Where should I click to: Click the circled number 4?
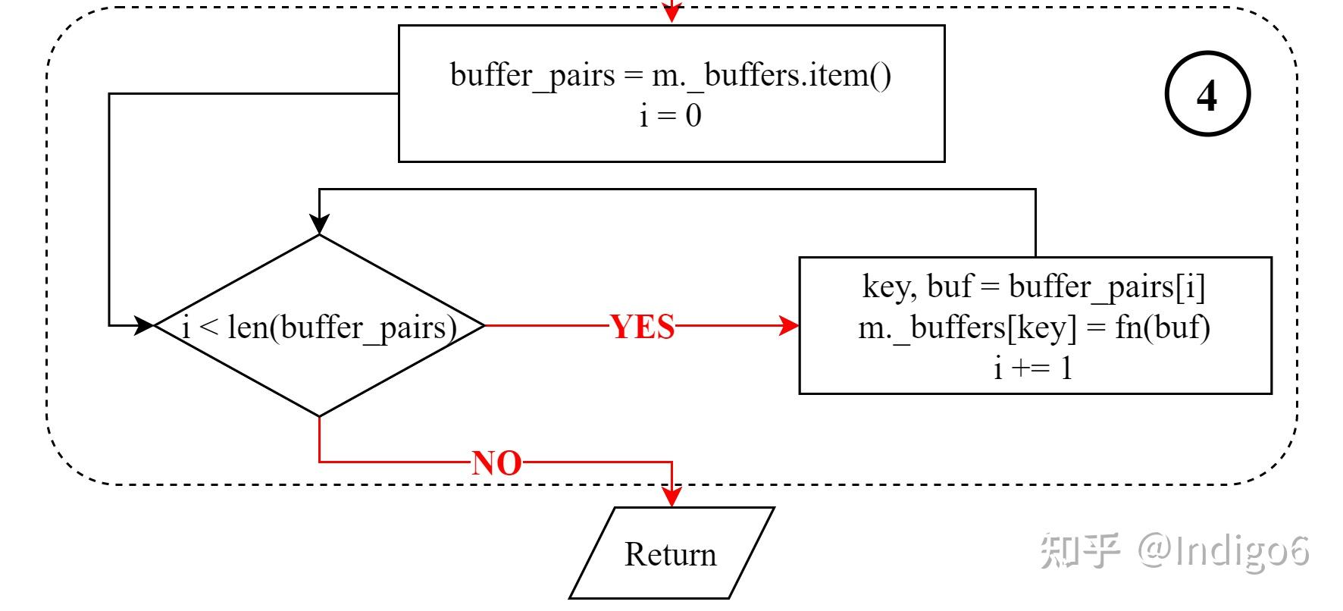pos(1207,95)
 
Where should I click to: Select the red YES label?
pos(642,327)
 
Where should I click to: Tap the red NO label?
pos(496,462)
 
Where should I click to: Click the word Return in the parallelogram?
pos(670,554)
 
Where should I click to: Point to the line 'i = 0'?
pos(670,116)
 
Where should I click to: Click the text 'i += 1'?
pos(1034,368)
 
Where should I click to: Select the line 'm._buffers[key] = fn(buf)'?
pos(1034,327)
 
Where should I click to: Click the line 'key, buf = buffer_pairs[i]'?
pos(1034,287)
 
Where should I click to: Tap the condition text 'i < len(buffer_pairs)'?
pos(320,327)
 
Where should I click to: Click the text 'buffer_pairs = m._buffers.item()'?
pos(670,75)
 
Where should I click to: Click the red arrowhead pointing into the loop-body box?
pos(790,326)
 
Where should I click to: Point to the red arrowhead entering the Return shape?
pos(671,497)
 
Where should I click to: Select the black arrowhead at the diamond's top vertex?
pos(320,224)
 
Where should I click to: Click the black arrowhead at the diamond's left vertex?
pos(144,326)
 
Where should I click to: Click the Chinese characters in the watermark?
pos(1079,550)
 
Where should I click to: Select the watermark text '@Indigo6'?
pos(1222,550)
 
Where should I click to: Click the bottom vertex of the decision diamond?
pos(320,416)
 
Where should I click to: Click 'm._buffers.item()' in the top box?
pos(771,75)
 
